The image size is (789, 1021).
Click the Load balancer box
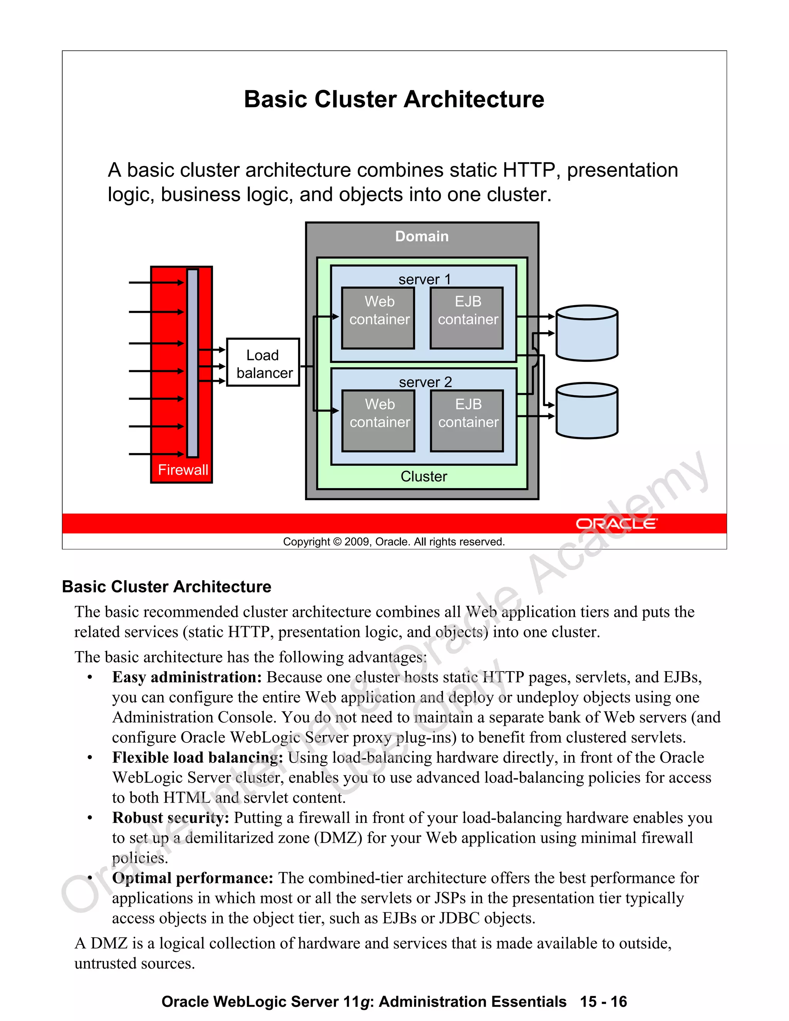tap(263, 362)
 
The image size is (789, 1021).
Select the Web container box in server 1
tap(378, 318)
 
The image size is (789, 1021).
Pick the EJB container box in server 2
tap(467, 421)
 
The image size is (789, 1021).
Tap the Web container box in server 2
tap(378, 421)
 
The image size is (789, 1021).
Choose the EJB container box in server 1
tap(467, 318)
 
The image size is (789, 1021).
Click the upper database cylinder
tap(587, 333)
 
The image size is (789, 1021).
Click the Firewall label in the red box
tap(183, 470)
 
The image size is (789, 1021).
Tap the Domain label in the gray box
tap(421, 237)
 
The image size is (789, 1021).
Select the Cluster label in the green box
tap(423, 476)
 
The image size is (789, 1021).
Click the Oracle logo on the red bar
tap(616, 524)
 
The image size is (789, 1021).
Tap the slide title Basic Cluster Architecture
tap(394, 99)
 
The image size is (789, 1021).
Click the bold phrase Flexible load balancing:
tap(197, 757)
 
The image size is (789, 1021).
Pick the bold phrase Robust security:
tap(171, 818)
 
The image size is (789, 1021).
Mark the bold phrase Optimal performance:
tap(193, 878)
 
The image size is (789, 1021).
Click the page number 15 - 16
tap(603, 1001)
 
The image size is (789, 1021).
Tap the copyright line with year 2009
tap(394, 542)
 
